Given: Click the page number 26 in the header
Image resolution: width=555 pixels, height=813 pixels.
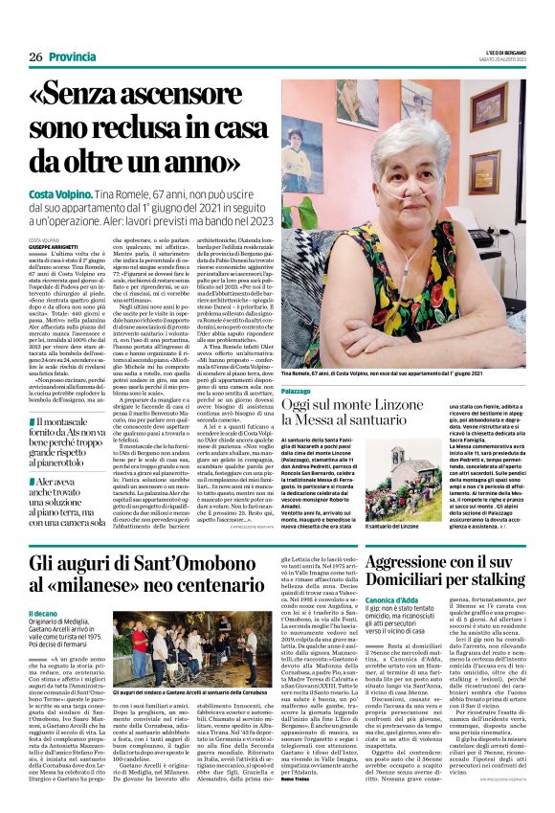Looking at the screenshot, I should pyautogui.click(x=35, y=57).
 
